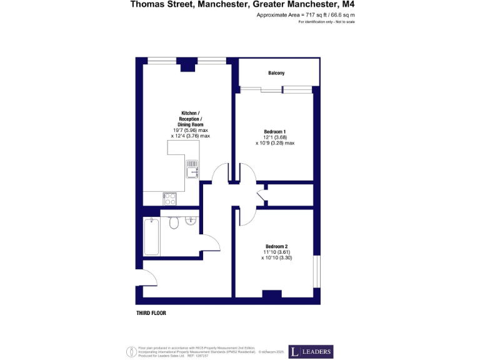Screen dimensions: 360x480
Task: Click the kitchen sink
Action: click(x=192, y=168)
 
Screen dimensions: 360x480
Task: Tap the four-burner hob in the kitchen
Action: click(x=170, y=199)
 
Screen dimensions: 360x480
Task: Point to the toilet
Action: click(x=174, y=222)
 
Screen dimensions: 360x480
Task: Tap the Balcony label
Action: click(x=276, y=73)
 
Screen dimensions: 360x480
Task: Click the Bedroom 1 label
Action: click(x=275, y=132)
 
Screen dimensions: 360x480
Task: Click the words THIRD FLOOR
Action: click(x=151, y=312)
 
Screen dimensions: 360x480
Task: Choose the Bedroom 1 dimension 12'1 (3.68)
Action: click(x=275, y=137)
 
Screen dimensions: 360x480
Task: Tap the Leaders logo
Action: click(x=311, y=352)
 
